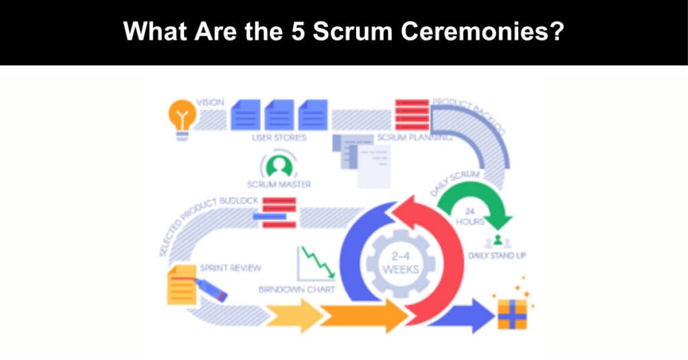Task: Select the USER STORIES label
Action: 279,138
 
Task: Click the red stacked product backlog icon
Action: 412,114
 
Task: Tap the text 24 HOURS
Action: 475,216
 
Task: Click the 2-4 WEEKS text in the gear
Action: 400,264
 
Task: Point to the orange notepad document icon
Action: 182,285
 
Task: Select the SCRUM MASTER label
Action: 279,184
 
